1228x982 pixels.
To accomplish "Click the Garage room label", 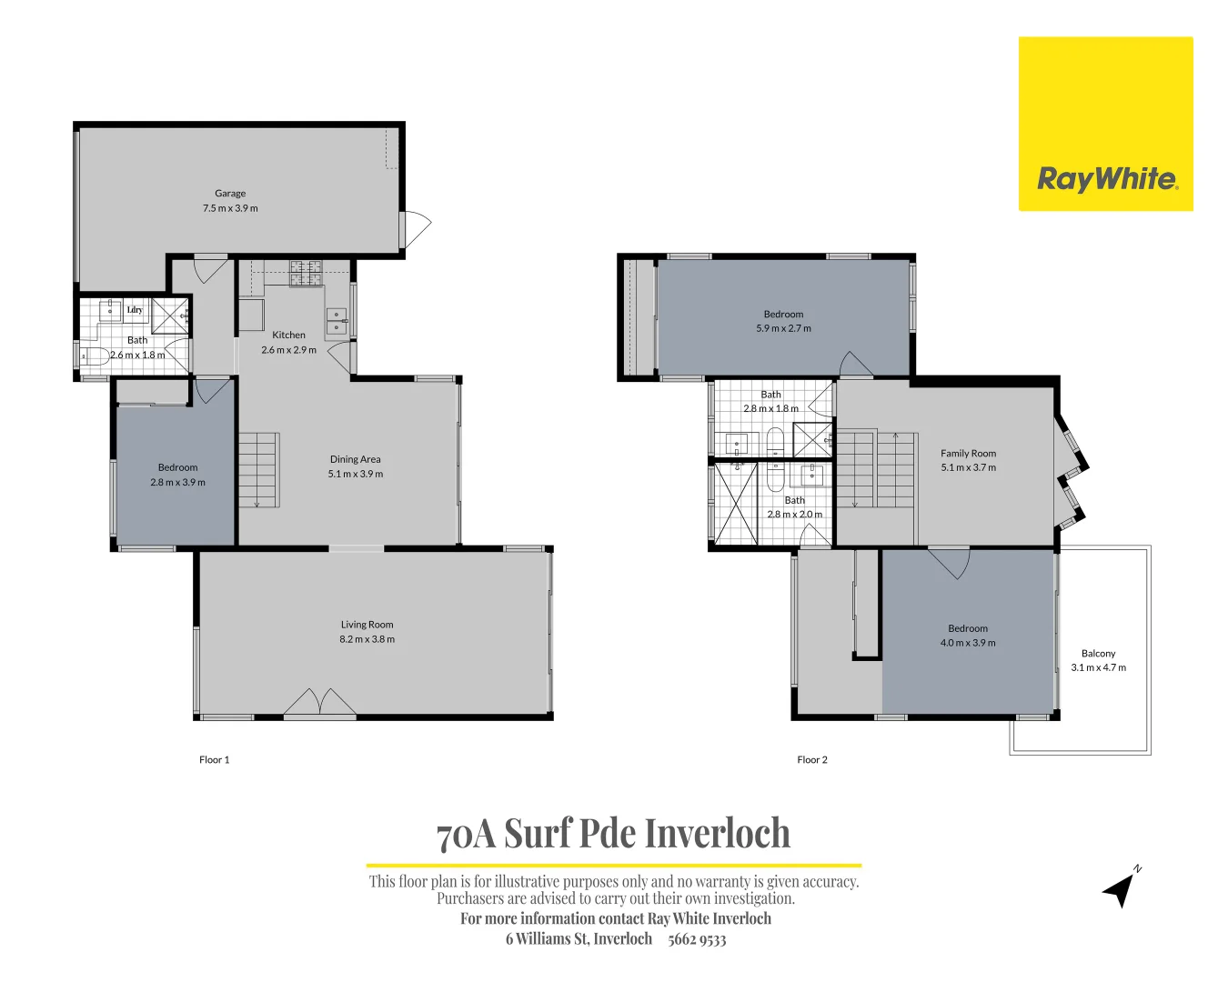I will [230, 193].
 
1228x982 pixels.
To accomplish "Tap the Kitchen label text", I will [288, 335].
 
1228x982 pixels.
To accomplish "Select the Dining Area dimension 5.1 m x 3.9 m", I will [356, 474].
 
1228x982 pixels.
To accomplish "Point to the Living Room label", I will [367, 625].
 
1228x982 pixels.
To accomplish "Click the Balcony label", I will [1098, 653].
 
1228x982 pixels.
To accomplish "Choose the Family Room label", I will [968, 453].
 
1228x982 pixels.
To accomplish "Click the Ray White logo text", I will [1106, 178].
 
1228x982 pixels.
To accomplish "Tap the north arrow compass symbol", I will [1120, 887].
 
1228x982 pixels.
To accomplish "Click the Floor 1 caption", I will [215, 759].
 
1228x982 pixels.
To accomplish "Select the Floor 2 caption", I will [812, 759].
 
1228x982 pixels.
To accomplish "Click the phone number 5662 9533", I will [697, 939].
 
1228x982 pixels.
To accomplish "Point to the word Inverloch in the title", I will [718, 833].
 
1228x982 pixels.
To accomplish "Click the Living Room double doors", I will [319, 703].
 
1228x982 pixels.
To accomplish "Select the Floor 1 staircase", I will [257, 469].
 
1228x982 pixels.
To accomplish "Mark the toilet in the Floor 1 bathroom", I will [95, 356].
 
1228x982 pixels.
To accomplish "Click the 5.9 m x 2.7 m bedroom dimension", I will [783, 328].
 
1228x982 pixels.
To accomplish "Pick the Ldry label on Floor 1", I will [135, 310].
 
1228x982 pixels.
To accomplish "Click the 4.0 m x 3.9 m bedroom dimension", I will [968, 643].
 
